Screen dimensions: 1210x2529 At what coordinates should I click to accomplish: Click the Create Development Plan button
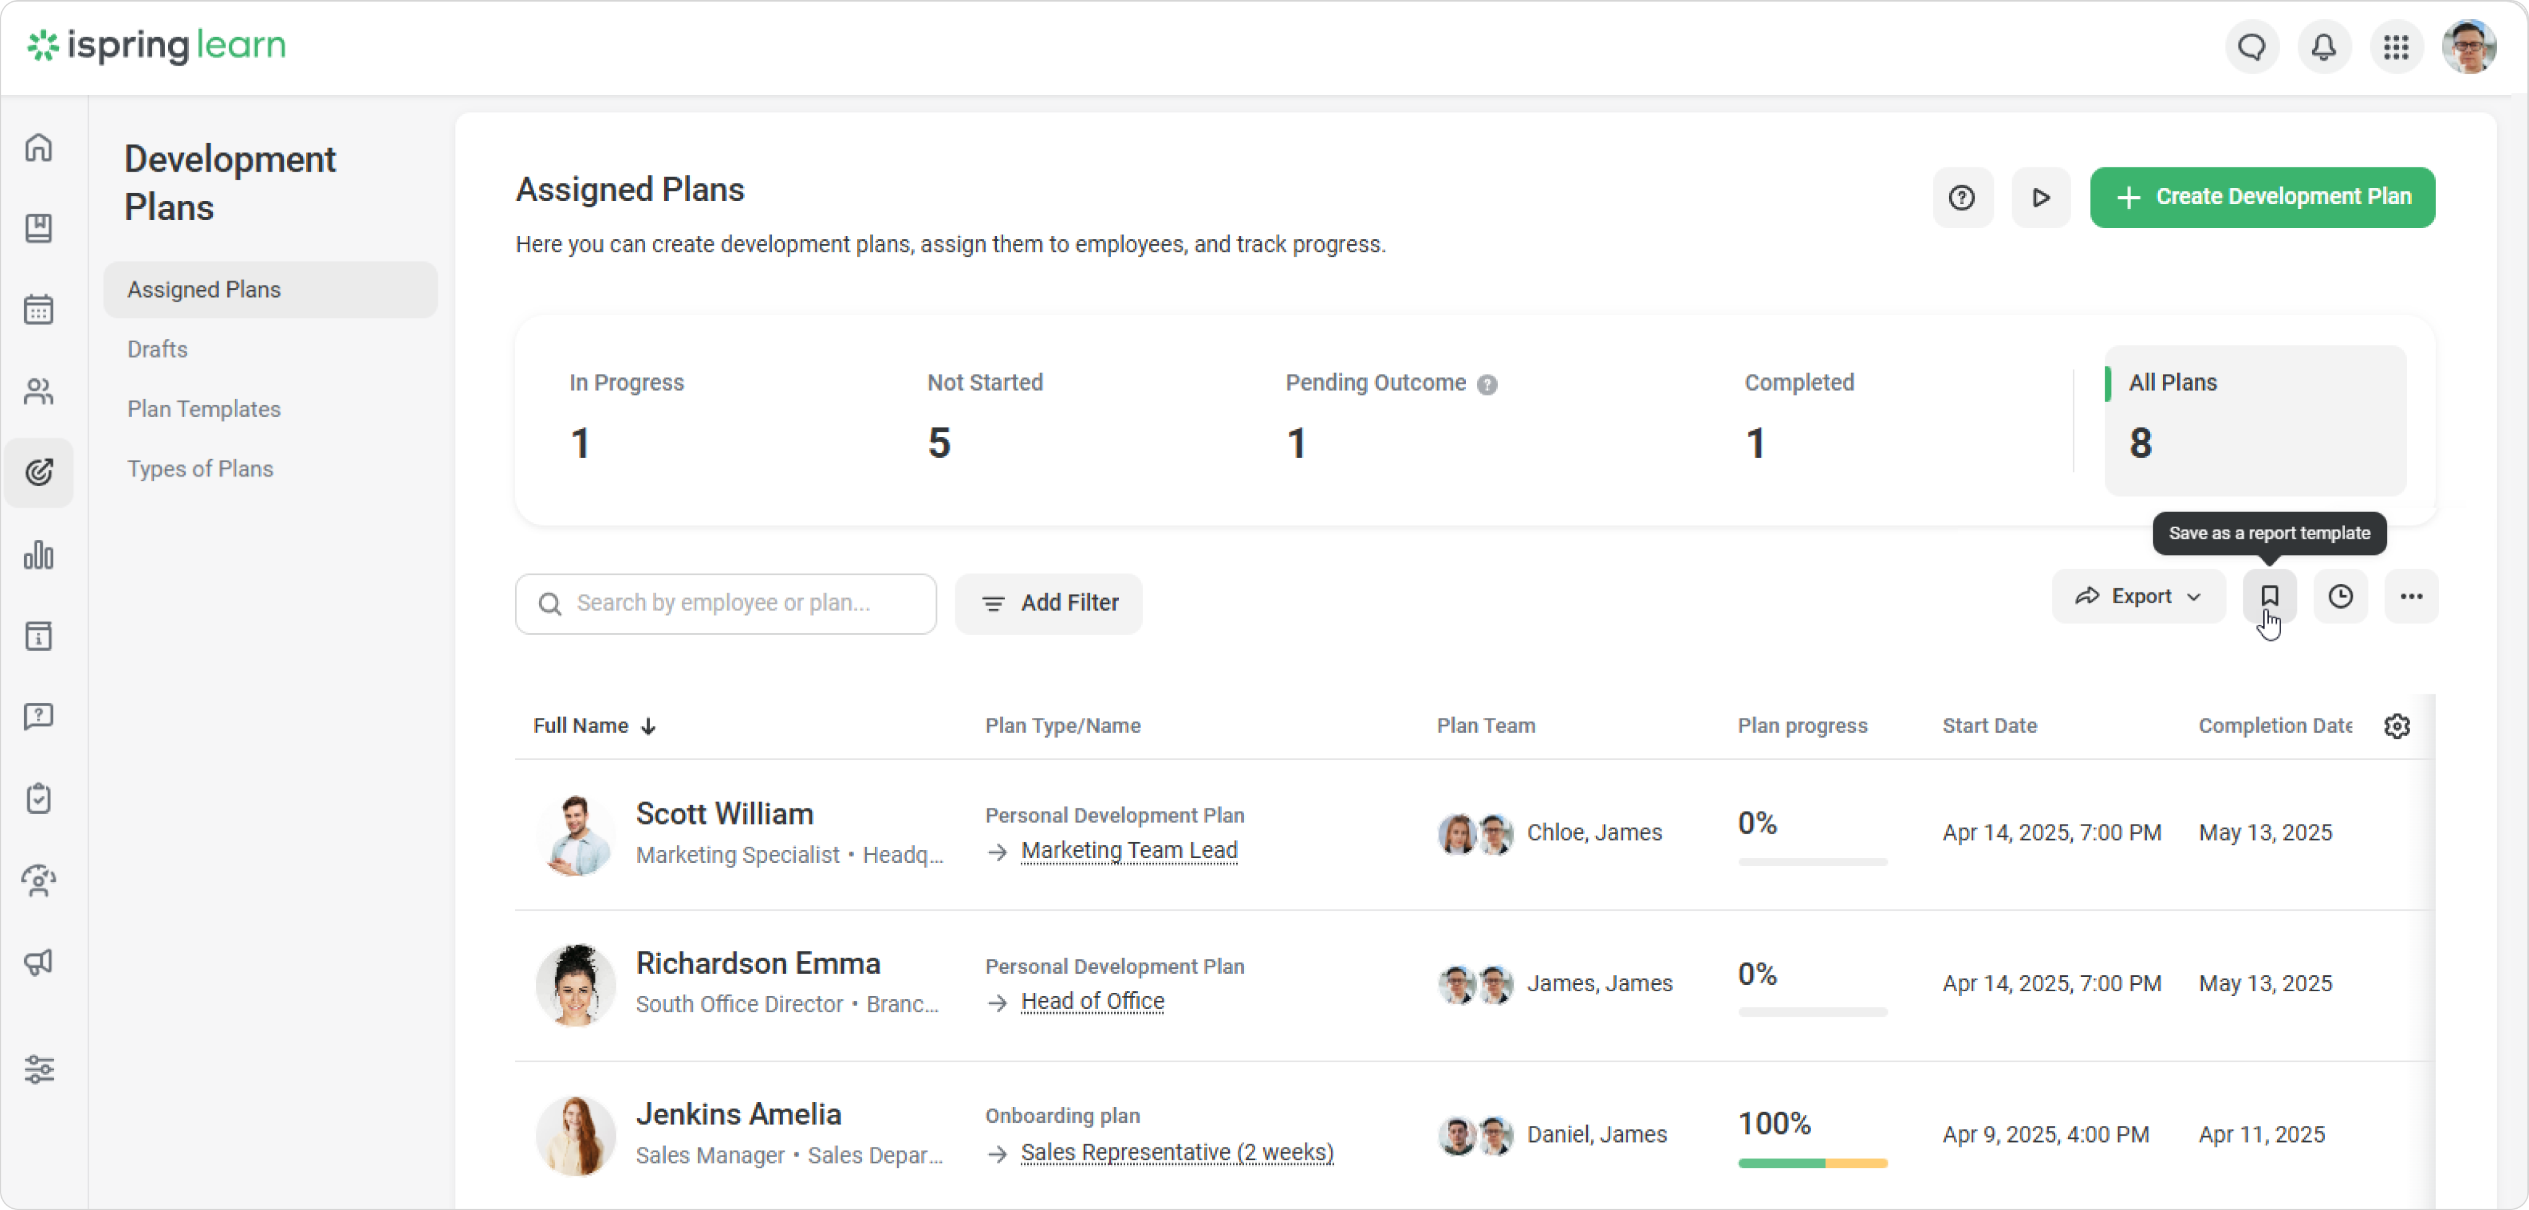pyautogui.click(x=2262, y=197)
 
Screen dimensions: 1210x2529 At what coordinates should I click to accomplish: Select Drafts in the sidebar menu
pyautogui.click(x=157, y=348)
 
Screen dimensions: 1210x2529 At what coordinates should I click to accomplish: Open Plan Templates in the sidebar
pyautogui.click(x=203, y=408)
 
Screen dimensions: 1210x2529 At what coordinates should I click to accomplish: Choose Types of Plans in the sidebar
pyautogui.click(x=199, y=469)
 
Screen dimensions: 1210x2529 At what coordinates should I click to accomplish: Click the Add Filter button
pyautogui.click(x=1048, y=603)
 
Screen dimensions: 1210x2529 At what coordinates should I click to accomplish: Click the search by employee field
pyautogui.click(x=727, y=603)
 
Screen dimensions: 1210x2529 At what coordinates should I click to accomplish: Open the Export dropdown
pyautogui.click(x=2137, y=596)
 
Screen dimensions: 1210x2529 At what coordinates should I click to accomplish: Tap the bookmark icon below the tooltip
pyautogui.click(x=2269, y=596)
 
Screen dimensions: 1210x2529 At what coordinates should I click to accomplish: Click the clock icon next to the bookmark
pyautogui.click(x=2341, y=596)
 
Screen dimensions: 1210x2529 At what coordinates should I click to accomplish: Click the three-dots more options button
pyautogui.click(x=2411, y=596)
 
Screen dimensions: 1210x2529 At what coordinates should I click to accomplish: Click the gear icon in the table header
pyautogui.click(x=2396, y=726)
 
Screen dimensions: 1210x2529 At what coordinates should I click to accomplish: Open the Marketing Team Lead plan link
pyautogui.click(x=1129, y=850)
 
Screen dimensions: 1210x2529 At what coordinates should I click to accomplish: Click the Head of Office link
pyautogui.click(x=1093, y=1002)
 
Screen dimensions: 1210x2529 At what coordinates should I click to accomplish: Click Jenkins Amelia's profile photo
pyautogui.click(x=576, y=1136)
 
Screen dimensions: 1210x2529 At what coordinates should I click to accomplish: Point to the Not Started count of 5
pyautogui.click(x=939, y=443)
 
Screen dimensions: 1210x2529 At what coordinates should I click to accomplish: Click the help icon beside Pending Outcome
pyautogui.click(x=1488, y=385)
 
